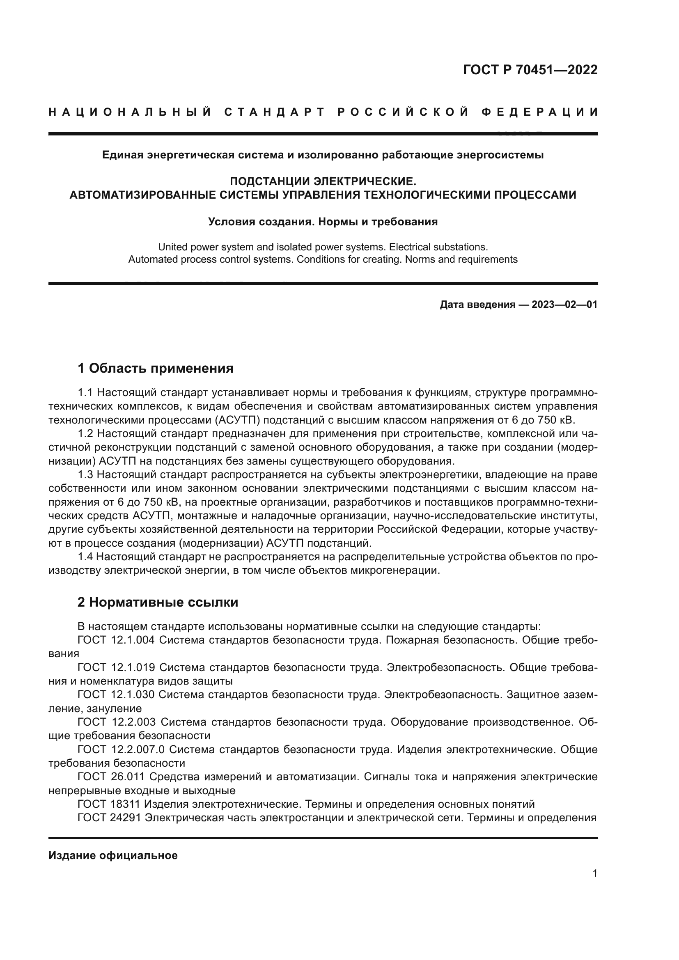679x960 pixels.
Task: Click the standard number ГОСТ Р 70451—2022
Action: pyautogui.click(x=530, y=70)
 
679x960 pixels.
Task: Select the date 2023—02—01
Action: pyautogui.click(x=564, y=305)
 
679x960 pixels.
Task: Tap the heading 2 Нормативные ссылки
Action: pyautogui.click(x=158, y=603)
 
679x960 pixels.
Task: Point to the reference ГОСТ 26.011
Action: pyautogui.click(x=111, y=777)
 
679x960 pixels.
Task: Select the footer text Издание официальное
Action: pyautogui.click(x=113, y=855)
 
